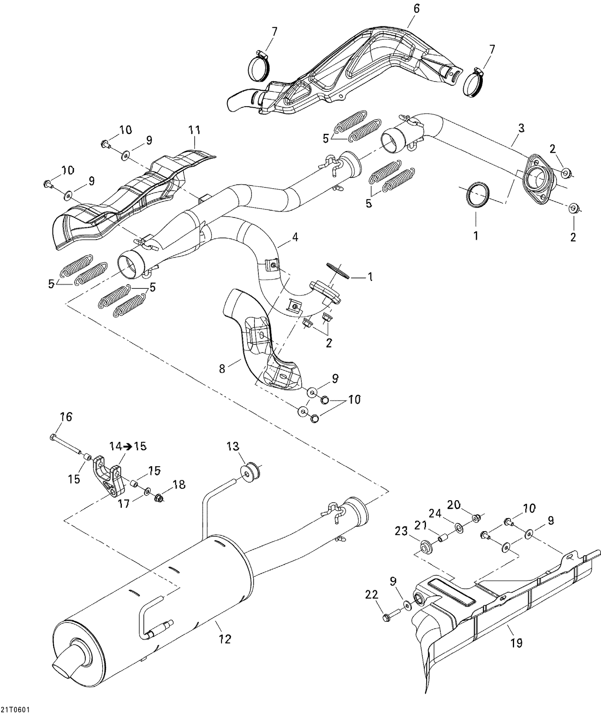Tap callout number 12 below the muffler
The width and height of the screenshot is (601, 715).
(226, 639)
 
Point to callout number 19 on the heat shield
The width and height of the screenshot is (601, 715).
(516, 643)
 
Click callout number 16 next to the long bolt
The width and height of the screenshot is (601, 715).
(66, 417)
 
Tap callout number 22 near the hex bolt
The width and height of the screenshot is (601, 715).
(372, 595)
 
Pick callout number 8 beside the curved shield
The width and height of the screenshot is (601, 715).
(222, 368)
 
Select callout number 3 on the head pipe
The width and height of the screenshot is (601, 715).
(521, 129)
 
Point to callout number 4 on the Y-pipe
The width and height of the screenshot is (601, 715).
(295, 237)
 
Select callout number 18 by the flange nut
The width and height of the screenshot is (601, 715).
(179, 485)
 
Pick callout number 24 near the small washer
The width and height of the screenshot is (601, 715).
(436, 513)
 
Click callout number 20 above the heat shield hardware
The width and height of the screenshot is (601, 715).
(454, 505)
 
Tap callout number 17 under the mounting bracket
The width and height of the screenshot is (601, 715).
(124, 504)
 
